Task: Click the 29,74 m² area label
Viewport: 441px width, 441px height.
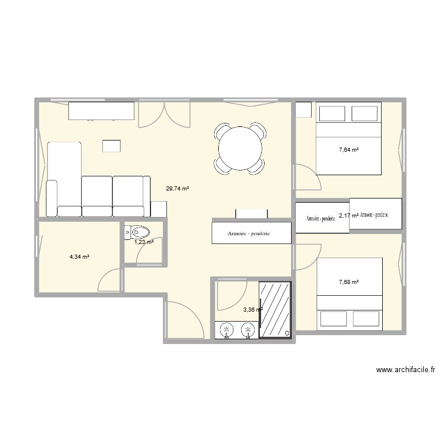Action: click(x=177, y=188)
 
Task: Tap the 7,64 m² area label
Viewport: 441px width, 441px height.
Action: click(x=348, y=149)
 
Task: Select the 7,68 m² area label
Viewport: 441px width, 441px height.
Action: click(x=348, y=282)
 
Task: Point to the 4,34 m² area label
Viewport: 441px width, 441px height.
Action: click(x=79, y=256)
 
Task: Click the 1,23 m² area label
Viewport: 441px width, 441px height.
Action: click(x=144, y=242)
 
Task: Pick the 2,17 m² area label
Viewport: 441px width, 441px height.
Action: click(x=348, y=215)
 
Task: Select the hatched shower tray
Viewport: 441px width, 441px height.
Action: click(x=275, y=310)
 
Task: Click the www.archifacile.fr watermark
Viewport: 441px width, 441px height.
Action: click(x=405, y=370)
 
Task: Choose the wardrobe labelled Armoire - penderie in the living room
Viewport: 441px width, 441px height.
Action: click(x=251, y=233)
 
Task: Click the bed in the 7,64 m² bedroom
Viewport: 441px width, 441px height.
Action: click(x=349, y=138)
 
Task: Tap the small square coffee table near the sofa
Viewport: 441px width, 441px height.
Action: click(x=111, y=145)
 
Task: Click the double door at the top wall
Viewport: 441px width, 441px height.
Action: click(x=164, y=114)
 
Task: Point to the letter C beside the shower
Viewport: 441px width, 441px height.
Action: click(x=287, y=334)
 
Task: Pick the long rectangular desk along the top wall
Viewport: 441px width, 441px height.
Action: click(x=102, y=110)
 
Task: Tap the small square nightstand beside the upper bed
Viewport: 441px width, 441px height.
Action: click(x=303, y=110)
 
